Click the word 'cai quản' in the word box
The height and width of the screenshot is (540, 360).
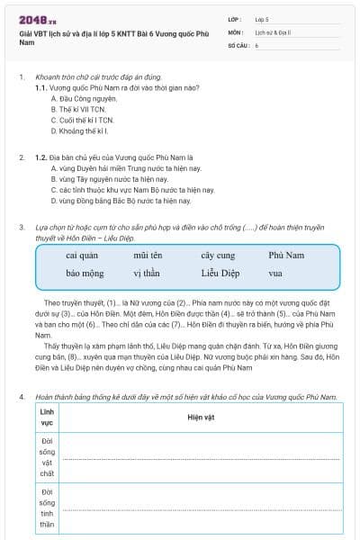(82, 256)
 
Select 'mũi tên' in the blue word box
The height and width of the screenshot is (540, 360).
(148, 256)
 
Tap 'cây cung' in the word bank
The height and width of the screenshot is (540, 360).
(218, 256)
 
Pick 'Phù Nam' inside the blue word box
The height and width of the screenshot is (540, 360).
(286, 256)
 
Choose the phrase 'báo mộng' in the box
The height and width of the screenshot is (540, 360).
(85, 273)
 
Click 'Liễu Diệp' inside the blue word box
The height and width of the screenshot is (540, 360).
(221, 273)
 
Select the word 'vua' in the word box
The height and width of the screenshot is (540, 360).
(275, 273)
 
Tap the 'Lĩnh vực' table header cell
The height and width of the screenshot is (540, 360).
(48, 417)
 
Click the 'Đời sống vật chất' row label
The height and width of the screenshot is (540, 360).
(48, 457)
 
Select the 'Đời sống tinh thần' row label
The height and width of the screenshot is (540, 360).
(48, 508)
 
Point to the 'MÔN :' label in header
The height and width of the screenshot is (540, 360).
(236, 31)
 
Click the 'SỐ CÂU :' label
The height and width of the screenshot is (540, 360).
(238, 44)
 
